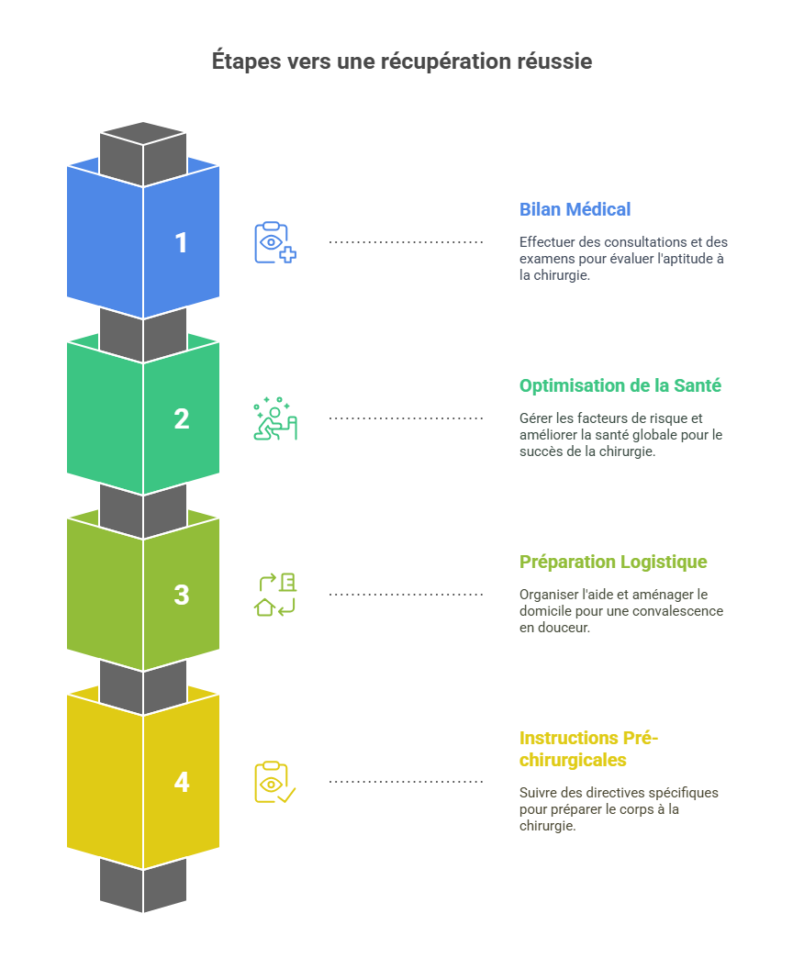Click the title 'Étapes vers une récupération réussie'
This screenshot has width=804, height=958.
coord(401,61)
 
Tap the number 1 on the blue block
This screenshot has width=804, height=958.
coord(181,243)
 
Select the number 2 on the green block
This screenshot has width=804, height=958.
coord(181,419)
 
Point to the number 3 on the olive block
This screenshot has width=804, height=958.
coord(181,596)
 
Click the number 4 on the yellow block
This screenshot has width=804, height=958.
coord(181,783)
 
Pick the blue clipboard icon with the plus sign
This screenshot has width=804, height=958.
coord(274,243)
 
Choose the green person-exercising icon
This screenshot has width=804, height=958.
coord(274,419)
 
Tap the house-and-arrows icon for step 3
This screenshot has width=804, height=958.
coord(274,596)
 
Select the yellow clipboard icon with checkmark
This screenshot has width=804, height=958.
coord(274,783)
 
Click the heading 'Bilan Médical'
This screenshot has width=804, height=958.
coord(575,209)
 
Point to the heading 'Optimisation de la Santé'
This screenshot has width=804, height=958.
coord(620,385)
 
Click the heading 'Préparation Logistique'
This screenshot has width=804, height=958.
coord(613,562)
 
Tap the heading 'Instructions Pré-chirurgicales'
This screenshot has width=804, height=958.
coord(588,749)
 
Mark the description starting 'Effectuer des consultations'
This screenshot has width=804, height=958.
coord(623,259)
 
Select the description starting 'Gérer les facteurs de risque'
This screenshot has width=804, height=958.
coord(620,435)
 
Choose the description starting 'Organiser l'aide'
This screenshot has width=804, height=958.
coord(620,611)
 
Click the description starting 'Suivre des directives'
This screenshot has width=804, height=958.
coord(619,808)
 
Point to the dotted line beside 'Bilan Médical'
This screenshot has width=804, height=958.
coord(406,242)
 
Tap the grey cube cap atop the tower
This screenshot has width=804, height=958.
coord(143,147)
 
